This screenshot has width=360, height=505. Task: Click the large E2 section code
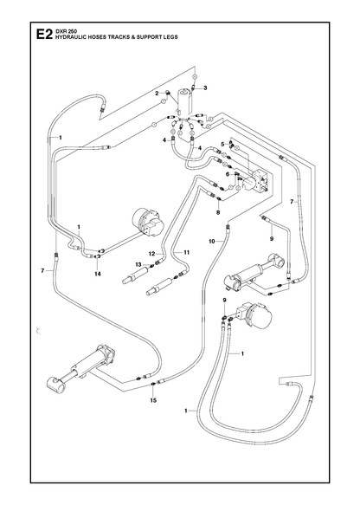coord(44,35)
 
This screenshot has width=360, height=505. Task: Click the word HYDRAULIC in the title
coord(67,37)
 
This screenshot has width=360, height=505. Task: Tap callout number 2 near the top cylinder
coord(157,94)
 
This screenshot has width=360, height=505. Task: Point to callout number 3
coord(205,87)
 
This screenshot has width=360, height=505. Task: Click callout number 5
coord(222,144)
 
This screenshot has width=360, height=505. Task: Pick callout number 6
coord(228,174)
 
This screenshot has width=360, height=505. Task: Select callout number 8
coord(218,212)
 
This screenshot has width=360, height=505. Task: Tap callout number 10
coord(212,241)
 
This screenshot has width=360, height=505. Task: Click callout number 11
coord(187,253)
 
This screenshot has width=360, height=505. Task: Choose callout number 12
coord(151,254)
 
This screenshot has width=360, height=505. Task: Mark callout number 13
coord(138,265)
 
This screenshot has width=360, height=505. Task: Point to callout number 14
coord(98,274)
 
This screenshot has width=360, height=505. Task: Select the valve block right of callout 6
coord(260,181)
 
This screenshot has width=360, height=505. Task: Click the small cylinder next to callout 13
coord(136,275)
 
